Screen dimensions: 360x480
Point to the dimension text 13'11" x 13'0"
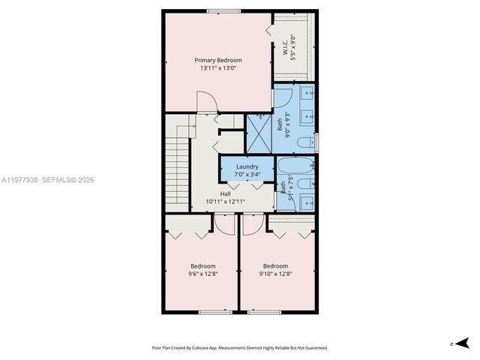pos(218,68)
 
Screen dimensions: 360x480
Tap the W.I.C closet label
pos(286,46)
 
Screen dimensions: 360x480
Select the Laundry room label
pos(247,166)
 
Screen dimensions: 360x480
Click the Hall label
pos(226,193)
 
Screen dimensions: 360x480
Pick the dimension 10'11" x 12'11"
pos(226,202)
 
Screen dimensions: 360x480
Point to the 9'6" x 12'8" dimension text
pos(202,274)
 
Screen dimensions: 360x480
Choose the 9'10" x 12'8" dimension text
pos(275,274)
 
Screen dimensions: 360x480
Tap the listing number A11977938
pos(20,180)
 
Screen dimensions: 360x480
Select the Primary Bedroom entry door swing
pos(205,103)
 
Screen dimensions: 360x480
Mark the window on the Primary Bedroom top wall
pos(224,10)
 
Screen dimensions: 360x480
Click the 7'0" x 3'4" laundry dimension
pos(247,175)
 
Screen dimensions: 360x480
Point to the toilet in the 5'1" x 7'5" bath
pos(303,184)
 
